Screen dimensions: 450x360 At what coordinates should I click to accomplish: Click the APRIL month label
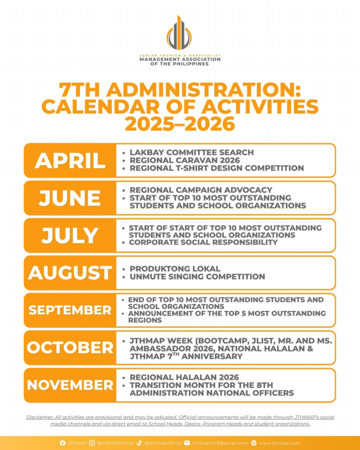(70, 160)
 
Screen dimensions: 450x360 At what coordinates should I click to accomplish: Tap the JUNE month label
(70, 198)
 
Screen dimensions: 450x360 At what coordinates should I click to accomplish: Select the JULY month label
(70, 236)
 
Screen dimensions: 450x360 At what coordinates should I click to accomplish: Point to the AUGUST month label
(70, 273)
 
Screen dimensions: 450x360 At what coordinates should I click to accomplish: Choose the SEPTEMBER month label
(70, 310)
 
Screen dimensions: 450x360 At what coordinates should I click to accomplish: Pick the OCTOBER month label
(70, 348)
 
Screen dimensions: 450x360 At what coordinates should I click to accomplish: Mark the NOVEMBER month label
(70, 385)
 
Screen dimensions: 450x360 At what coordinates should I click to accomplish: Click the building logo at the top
(179, 34)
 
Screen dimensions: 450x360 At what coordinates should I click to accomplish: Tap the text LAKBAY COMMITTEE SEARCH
(191, 152)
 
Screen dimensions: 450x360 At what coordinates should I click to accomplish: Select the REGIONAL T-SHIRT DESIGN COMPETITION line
(216, 168)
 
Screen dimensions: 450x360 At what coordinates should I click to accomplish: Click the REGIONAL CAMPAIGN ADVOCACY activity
(201, 190)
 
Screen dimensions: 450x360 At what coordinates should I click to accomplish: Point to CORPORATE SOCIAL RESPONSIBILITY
(203, 242)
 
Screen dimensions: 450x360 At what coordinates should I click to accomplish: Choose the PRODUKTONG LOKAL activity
(175, 269)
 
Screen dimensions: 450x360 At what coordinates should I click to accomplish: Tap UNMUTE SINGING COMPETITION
(197, 276)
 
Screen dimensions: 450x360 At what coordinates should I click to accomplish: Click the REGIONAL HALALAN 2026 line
(184, 377)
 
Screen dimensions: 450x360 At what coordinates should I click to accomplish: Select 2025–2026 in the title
(180, 124)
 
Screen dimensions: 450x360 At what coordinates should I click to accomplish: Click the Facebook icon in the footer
(62, 443)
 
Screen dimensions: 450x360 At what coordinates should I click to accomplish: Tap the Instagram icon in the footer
(92, 443)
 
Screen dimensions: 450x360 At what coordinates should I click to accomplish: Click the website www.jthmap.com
(279, 443)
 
